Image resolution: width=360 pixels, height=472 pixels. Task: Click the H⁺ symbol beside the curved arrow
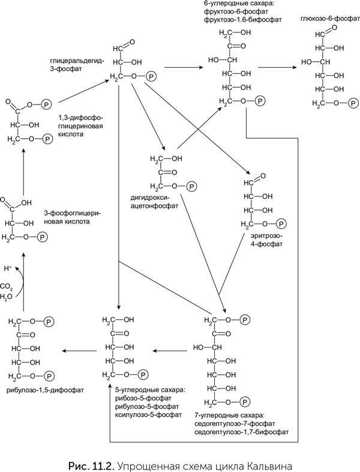coord(8,268)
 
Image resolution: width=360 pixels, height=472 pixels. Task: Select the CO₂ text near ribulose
coord(7,286)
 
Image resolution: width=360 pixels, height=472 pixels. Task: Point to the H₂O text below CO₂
coord(7,296)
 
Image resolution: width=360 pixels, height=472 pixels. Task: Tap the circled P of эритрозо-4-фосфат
coord(283,224)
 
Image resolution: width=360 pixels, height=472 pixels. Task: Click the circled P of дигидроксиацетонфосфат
coord(191,186)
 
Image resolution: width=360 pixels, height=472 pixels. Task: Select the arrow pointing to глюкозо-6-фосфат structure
coord(282,68)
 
